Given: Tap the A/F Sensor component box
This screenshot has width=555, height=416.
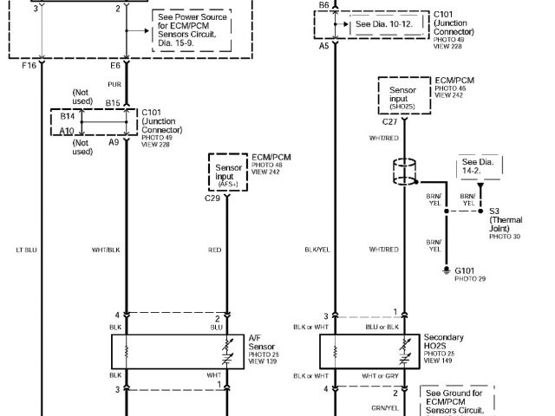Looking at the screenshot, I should pos(177,351).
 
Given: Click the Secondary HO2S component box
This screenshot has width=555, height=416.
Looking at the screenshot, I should pos(369,351).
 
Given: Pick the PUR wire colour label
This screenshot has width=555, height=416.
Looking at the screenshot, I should pos(114,85).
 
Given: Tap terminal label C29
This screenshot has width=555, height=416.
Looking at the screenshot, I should pos(212,198).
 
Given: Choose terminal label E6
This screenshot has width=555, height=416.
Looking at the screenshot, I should pos(114,65).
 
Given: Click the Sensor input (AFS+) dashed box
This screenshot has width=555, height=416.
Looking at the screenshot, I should pos(227,174).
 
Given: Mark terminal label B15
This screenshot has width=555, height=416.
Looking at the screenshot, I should pos(113,103).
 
